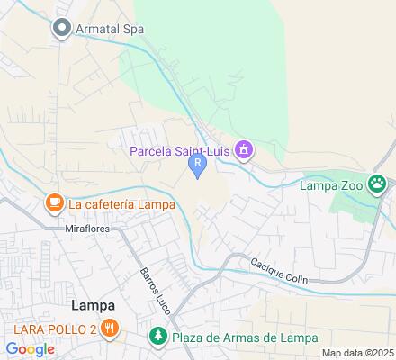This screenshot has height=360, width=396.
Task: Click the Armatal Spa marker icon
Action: [x=62, y=29]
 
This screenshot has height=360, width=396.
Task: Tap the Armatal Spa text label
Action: [x=111, y=29]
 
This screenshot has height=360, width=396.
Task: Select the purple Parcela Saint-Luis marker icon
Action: [x=243, y=150]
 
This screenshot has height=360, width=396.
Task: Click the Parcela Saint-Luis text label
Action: [x=180, y=150]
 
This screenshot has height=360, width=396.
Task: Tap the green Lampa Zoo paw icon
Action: [x=377, y=186]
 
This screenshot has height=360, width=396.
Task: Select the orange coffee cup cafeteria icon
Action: [x=54, y=203]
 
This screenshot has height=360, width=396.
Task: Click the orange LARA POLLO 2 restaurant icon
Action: [x=109, y=328]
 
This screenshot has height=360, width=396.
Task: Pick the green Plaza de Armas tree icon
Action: [x=157, y=337]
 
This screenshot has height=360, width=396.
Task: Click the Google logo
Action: [x=30, y=348]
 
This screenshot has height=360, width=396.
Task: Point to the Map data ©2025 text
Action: [x=358, y=353]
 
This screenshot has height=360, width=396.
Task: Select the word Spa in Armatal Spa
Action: [x=133, y=29]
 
